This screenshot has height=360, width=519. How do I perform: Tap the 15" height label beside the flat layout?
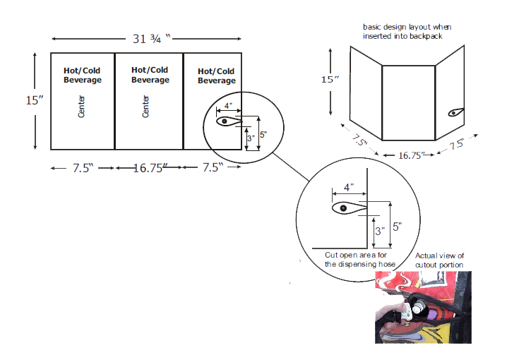(x=35, y=100)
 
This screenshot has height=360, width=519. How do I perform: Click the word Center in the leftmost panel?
(x=81, y=107)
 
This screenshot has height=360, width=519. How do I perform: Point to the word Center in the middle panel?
(x=145, y=107)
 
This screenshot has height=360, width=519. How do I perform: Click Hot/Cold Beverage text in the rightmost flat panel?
(x=217, y=76)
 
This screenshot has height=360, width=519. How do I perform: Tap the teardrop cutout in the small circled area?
(x=229, y=121)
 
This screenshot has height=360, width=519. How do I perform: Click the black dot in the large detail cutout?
(x=343, y=208)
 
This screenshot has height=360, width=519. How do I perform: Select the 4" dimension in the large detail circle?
(x=349, y=188)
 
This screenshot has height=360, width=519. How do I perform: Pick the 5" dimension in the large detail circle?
(x=397, y=227)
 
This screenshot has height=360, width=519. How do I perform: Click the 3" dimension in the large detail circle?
(x=380, y=231)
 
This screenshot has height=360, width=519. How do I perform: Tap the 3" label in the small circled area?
(x=251, y=138)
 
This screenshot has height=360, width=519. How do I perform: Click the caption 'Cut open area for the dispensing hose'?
(x=360, y=260)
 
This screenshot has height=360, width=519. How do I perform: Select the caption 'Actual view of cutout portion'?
(x=439, y=260)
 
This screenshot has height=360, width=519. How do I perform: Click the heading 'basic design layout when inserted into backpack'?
(x=407, y=32)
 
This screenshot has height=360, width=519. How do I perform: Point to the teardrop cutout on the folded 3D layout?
(x=456, y=112)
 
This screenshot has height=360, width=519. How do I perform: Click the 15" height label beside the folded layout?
(x=330, y=79)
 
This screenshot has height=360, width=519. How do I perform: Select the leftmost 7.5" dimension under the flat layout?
(x=83, y=168)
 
